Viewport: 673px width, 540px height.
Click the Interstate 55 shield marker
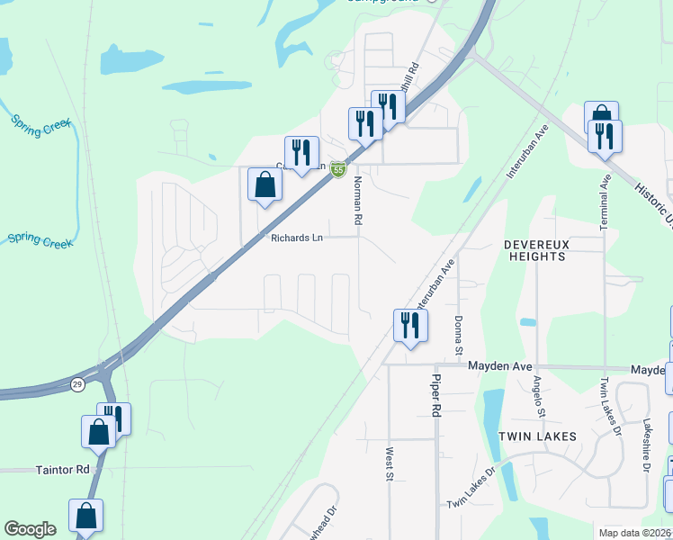pos(337,169)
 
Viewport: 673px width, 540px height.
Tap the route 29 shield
pos(78,384)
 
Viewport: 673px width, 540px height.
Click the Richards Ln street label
pos(296,238)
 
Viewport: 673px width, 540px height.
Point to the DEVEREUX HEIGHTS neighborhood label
pos(534,250)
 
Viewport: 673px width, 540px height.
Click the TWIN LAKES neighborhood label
pos(537,436)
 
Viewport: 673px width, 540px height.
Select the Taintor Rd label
pos(64,470)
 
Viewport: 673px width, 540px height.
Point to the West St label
pos(390,463)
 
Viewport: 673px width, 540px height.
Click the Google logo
pos(30,529)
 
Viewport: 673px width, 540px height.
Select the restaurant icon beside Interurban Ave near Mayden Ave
pos(410,325)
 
